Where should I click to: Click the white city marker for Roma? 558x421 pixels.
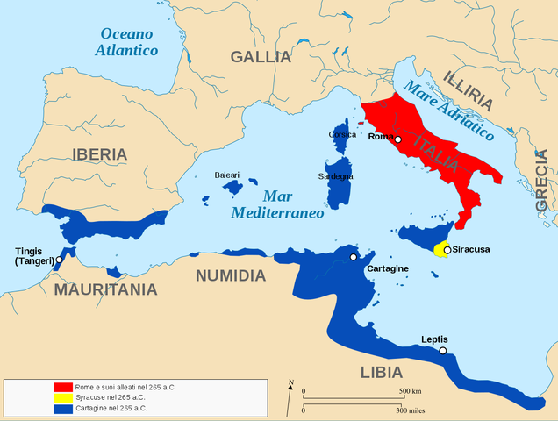point(397,139)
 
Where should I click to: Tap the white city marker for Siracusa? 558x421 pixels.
point(447,250)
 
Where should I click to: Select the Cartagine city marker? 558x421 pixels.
point(353,257)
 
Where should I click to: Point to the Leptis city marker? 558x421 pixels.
point(443,351)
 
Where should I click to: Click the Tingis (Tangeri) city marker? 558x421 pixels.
point(59,260)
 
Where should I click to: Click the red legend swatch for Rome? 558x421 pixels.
point(62,387)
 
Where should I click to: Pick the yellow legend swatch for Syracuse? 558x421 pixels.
point(62,397)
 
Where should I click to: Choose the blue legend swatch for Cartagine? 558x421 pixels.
point(62,408)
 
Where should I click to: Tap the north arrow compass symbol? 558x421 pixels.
point(290,396)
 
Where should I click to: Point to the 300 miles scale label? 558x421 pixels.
point(411,410)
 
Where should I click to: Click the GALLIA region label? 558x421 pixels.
point(261,57)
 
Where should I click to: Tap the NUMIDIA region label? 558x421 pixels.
point(230,275)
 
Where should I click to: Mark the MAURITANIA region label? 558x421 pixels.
point(106,289)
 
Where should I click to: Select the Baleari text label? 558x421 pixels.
point(227,175)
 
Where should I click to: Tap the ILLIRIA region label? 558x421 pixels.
point(474,90)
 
